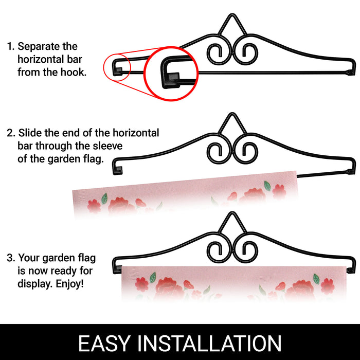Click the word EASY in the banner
[x=104, y=343]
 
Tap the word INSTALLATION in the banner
[x=209, y=343]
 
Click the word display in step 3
[x=35, y=284]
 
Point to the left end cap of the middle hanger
[x=118, y=171]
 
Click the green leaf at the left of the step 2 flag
[x=104, y=199]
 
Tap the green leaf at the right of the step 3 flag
[x=316, y=279]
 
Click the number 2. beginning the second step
[x=11, y=133]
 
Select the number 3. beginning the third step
[x=11, y=258]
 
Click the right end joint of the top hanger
[x=350, y=73]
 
